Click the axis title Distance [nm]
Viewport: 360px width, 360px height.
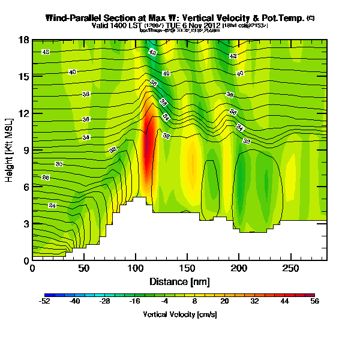click(x=179, y=282)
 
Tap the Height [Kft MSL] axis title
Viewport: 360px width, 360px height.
click(x=10, y=151)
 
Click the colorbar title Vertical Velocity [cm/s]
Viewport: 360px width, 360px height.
click(x=179, y=314)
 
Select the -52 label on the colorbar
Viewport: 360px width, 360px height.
click(x=45, y=302)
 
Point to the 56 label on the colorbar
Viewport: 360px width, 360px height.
click(x=314, y=302)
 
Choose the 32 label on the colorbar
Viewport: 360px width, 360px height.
click(x=254, y=302)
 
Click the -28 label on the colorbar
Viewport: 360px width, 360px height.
click(x=104, y=302)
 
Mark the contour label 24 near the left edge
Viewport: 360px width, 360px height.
click(x=52, y=205)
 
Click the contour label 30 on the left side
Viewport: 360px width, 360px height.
click(x=59, y=164)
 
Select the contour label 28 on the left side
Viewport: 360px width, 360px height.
click(x=46, y=178)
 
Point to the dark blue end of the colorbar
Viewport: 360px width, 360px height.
click(x=48, y=295)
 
